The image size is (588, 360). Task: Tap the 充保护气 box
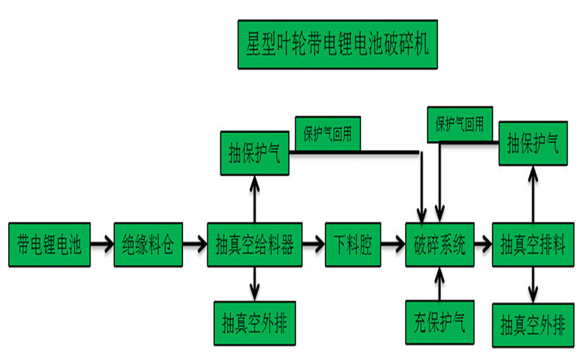(x=440, y=321)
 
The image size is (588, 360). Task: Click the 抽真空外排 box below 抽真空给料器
(x=254, y=321)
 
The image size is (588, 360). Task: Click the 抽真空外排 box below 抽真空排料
(x=533, y=323)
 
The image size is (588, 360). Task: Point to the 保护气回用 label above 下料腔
(x=329, y=135)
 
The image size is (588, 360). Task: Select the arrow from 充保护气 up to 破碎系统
(x=440, y=284)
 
